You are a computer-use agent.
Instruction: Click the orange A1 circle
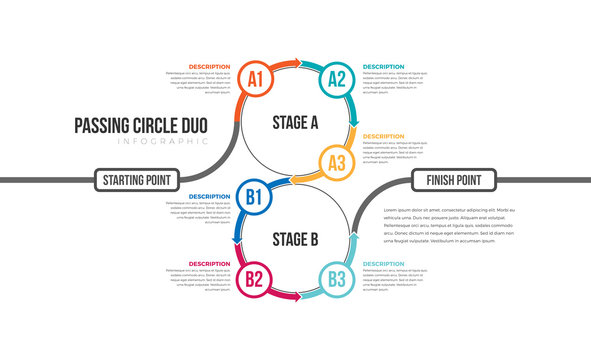(x=255, y=78)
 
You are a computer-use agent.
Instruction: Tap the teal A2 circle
(x=338, y=78)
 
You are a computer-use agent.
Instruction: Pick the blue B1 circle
(x=254, y=197)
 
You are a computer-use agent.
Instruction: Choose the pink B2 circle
(x=254, y=279)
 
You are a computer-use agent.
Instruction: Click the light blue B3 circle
(x=337, y=279)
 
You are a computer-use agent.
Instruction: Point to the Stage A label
(x=295, y=123)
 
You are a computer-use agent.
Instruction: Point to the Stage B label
(x=295, y=239)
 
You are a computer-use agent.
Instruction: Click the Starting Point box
(x=137, y=180)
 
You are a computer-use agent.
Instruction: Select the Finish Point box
(x=454, y=180)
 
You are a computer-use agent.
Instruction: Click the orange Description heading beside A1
(x=209, y=67)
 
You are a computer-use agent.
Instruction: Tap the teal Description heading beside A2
(x=384, y=67)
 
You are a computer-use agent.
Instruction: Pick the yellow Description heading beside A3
(x=384, y=136)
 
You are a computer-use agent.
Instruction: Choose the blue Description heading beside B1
(x=209, y=196)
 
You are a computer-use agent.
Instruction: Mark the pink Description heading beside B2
(x=209, y=264)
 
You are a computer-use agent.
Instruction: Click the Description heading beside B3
(x=384, y=264)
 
